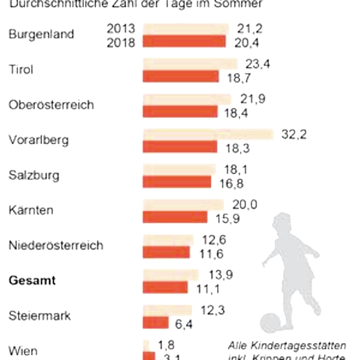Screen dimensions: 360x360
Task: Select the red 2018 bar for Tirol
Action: click(181, 77)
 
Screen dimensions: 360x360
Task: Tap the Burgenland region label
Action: click(41, 34)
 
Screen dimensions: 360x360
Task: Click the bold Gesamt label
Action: click(32, 280)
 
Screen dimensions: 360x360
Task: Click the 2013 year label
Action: click(121, 28)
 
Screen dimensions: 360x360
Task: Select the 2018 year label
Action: click(121, 42)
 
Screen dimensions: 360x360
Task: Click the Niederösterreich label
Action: click(56, 245)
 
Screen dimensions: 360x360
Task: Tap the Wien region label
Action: click(22, 350)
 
